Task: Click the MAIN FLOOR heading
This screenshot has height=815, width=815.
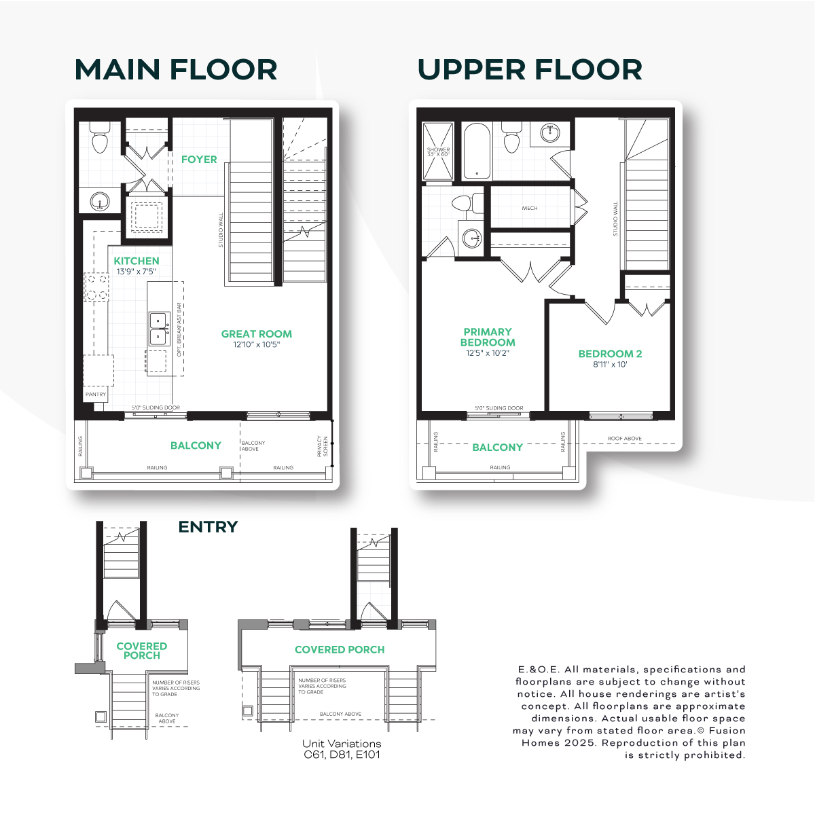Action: click(x=175, y=70)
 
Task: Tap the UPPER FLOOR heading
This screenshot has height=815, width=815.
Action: click(x=530, y=70)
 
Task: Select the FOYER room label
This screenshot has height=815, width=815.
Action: click(x=199, y=160)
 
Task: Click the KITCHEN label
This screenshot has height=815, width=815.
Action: click(x=137, y=261)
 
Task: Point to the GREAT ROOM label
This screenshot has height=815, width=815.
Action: click(x=256, y=333)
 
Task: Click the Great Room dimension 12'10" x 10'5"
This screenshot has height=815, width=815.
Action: click(x=256, y=345)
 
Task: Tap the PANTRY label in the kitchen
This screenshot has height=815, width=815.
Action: click(x=96, y=394)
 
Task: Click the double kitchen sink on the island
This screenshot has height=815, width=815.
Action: click(x=159, y=329)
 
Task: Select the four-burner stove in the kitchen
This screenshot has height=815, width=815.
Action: click(x=96, y=287)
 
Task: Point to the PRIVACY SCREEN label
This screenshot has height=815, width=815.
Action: click(x=323, y=446)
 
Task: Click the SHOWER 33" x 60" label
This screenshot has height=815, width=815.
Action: click(x=438, y=152)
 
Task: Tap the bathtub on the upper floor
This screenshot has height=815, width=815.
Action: click(x=477, y=151)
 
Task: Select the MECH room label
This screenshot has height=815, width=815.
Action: click(x=530, y=208)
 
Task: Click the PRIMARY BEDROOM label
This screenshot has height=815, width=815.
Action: click(x=488, y=337)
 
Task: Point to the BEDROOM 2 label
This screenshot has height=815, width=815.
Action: click(x=610, y=354)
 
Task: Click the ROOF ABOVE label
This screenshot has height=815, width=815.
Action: click(x=624, y=438)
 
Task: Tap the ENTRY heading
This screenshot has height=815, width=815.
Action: click(x=208, y=527)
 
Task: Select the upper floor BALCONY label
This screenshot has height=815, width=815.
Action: click(x=497, y=447)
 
